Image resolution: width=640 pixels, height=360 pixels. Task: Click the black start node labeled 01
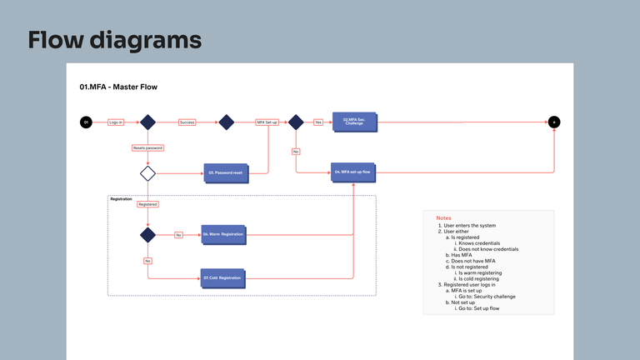[x=85, y=122]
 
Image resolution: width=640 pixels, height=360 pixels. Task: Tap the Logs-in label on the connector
[x=116, y=122]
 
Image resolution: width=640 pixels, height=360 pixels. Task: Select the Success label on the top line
[x=187, y=122]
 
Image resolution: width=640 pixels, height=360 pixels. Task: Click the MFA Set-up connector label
[x=267, y=122]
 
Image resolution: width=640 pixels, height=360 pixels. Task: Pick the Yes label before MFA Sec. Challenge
[x=317, y=122]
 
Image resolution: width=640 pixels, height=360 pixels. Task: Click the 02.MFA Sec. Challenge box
[x=356, y=122]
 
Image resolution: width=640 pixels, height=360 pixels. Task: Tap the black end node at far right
[x=554, y=122]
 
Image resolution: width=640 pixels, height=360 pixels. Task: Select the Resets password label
[x=147, y=147]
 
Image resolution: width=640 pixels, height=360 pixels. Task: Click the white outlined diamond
[x=147, y=173]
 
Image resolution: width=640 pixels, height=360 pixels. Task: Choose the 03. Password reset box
[x=226, y=173]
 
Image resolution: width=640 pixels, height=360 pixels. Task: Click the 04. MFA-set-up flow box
[x=353, y=172]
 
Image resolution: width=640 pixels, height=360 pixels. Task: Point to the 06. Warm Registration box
[x=223, y=235]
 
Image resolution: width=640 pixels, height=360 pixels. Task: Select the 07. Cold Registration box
[x=222, y=277]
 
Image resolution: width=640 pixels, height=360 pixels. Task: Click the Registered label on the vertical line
[x=147, y=204]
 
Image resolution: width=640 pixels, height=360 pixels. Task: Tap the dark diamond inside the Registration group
[x=147, y=235]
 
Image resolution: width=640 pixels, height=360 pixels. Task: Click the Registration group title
[x=122, y=199]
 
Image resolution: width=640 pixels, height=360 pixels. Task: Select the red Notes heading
[x=443, y=217]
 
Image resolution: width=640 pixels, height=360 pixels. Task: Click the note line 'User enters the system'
[x=471, y=226]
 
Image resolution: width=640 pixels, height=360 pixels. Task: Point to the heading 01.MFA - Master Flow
[x=118, y=87]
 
